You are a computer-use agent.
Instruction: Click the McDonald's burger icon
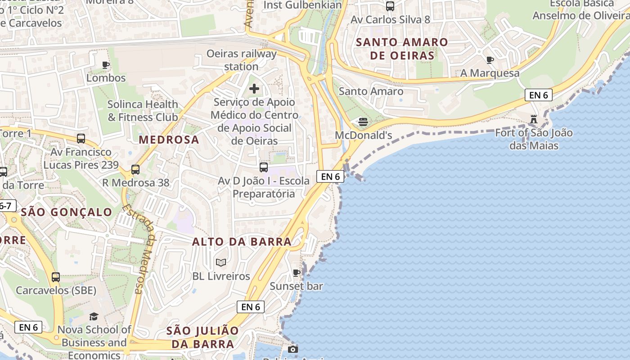363,121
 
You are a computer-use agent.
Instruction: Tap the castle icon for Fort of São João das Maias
534,119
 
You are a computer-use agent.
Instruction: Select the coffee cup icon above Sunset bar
297,273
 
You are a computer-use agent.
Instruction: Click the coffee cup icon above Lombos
106,65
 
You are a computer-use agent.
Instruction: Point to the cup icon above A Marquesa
490,60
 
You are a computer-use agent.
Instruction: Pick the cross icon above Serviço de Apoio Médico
254,89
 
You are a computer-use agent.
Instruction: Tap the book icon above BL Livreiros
221,262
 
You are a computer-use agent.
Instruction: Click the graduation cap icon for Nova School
94,317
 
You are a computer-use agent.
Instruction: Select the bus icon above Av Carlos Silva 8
390,6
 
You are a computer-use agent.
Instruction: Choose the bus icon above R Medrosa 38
135,170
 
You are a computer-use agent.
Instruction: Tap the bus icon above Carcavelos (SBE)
56,277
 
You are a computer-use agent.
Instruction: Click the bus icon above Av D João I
264,167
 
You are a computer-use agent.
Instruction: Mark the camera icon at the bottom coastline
293,349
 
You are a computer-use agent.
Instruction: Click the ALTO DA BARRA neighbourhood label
242,242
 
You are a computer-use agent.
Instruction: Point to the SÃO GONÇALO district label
67,212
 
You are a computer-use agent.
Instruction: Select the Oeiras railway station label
241,60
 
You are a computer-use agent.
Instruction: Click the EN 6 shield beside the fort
538,95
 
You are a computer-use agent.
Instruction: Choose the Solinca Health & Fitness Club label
143,111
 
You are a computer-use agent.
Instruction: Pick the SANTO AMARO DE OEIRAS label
402,49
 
